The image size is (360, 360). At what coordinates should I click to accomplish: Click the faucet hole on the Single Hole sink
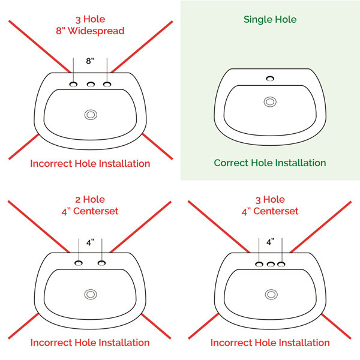270,79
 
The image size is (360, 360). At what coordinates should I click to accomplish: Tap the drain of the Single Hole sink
270,102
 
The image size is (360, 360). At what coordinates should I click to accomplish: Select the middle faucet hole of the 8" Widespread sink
91,85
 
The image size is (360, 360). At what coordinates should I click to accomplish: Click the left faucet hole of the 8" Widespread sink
73,84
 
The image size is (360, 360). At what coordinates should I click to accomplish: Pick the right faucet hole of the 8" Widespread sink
107,84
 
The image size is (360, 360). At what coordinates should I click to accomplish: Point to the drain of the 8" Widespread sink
91,115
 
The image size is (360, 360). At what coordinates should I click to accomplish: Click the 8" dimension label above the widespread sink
90,61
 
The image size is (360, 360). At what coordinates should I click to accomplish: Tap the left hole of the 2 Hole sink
79,263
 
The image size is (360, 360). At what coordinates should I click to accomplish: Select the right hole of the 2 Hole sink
101,263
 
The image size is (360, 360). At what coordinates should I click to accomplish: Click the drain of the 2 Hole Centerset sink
91,295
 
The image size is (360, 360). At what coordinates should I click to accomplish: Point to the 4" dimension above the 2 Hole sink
90,242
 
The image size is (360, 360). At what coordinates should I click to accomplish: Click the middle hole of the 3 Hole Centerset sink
271,264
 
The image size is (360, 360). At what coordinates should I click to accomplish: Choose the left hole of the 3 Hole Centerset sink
259,264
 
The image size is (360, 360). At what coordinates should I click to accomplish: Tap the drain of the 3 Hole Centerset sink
271,295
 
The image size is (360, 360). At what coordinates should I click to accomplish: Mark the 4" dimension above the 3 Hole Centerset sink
270,242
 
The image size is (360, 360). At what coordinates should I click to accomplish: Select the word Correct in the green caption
231,163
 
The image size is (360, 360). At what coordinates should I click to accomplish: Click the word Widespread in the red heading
96,31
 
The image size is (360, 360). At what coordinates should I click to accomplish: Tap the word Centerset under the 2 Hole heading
95,211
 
